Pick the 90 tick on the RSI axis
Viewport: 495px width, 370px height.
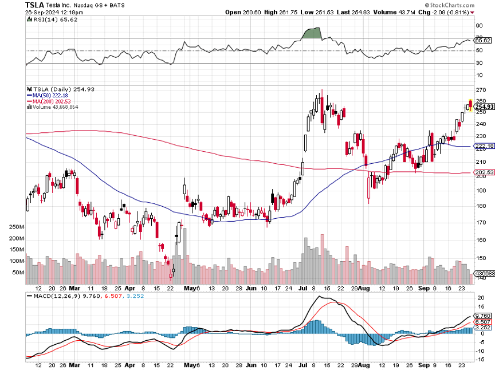point(479,26)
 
